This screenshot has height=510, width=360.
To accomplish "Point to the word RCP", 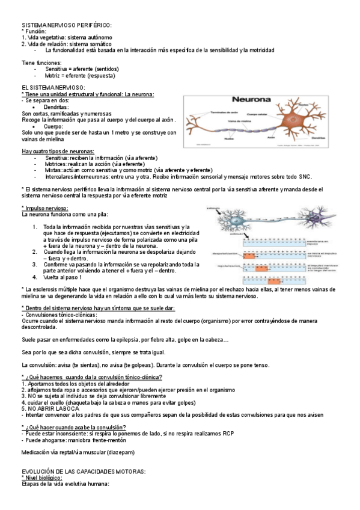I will [x=227, y=433].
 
